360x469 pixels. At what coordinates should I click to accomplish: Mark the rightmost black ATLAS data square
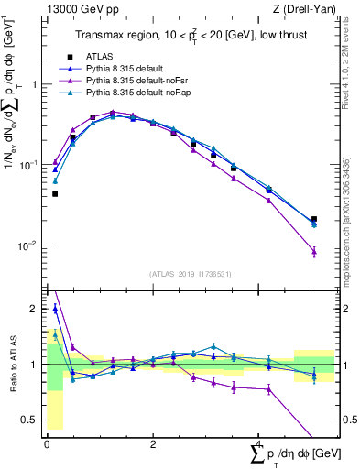[x=314, y=220]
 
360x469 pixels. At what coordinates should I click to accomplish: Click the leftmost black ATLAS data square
[x=55, y=194]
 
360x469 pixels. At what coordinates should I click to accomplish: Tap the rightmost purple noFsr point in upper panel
[x=314, y=251]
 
